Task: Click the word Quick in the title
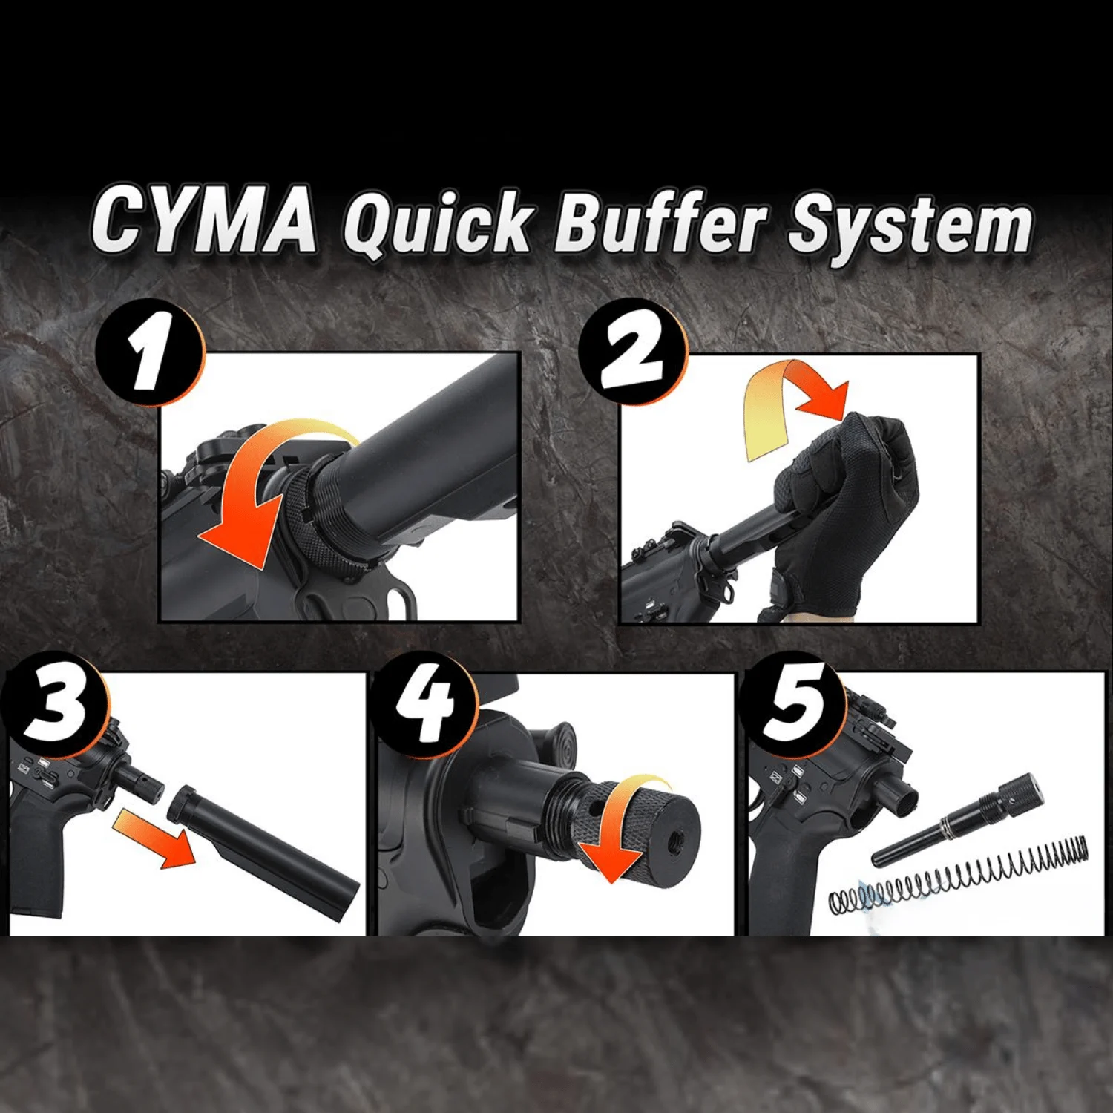pyautogui.click(x=438, y=223)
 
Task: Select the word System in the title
pyautogui.click(x=910, y=226)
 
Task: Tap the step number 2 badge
pyautogui.click(x=633, y=352)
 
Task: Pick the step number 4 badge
pyautogui.click(x=424, y=705)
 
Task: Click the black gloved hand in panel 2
pyautogui.click(x=846, y=512)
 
